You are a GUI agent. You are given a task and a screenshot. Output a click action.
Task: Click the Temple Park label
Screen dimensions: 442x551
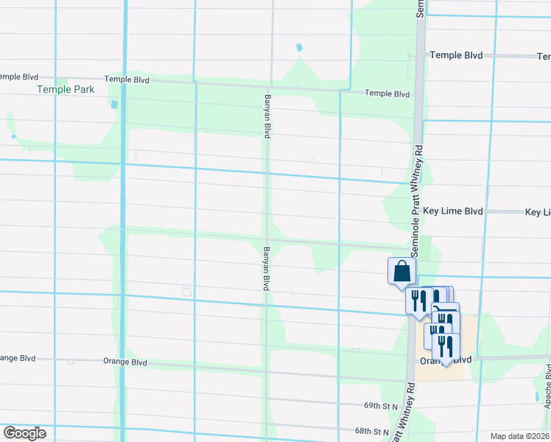(66, 89)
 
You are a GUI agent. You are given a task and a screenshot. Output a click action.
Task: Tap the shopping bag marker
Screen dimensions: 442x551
(402, 272)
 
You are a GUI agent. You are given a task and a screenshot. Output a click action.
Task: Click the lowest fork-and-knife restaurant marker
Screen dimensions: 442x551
(446, 348)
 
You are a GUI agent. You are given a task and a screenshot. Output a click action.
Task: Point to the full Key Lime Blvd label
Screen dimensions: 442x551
(456, 211)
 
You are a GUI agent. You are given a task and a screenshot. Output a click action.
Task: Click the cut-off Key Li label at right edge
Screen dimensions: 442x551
(538, 212)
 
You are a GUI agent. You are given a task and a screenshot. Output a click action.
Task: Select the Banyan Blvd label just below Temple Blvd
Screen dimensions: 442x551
(267, 116)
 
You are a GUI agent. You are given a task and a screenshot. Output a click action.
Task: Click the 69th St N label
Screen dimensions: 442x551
(380, 406)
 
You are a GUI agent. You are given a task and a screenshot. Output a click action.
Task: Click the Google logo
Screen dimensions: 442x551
(24, 433)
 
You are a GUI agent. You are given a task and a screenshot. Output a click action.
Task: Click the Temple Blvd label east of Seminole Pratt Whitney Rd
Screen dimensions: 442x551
(456, 55)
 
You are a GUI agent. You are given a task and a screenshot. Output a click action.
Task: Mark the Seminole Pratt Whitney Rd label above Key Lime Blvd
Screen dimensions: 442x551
(418, 200)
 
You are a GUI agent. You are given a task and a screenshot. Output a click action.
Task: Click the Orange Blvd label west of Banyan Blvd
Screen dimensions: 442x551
(125, 362)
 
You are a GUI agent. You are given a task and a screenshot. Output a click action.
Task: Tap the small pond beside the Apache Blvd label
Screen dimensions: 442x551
(536, 396)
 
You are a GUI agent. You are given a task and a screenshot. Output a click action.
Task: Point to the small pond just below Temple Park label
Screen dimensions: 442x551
(114, 105)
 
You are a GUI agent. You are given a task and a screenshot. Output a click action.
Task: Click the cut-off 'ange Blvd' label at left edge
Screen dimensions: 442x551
(18, 358)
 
